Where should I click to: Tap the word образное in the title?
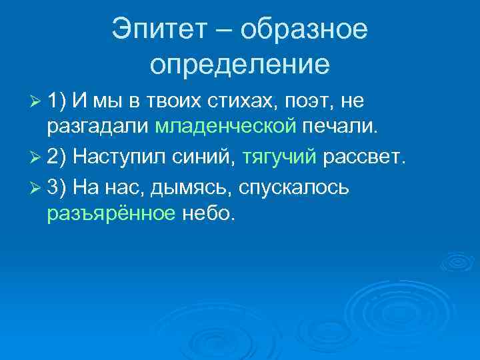[304, 30]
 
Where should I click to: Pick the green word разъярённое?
[111, 214]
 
